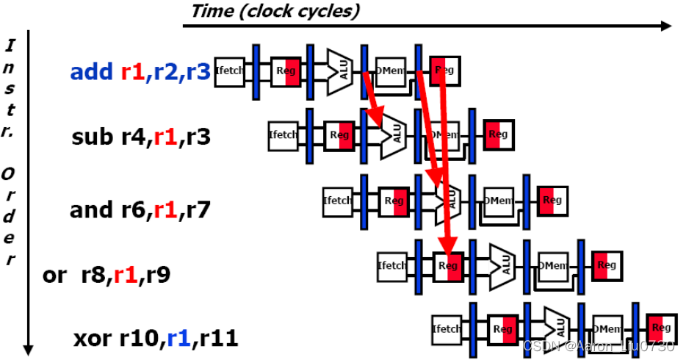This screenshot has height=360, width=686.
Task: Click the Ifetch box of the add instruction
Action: pyautogui.click(x=229, y=71)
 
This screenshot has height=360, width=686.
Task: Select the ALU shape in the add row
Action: pyautogui.click(x=340, y=71)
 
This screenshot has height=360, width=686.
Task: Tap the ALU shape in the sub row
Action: pyautogui.click(x=393, y=134)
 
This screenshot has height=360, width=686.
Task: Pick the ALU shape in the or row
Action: pyautogui.click(x=502, y=265)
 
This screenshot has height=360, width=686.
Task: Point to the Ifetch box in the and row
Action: pyautogui.click(x=338, y=201)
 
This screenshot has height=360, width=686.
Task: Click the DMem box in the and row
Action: pyautogui.click(x=499, y=201)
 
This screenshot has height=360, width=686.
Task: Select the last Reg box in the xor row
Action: pyautogui.click(x=661, y=328)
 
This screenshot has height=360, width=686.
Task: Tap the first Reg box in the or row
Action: pyautogui.click(x=448, y=265)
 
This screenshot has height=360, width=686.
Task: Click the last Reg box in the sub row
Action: pyautogui.click(x=498, y=134)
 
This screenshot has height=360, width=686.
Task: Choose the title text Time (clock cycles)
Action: pyautogui.click(x=275, y=11)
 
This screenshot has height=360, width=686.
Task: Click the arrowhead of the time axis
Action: pyautogui.click(x=665, y=26)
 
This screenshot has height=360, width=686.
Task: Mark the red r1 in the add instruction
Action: pyautogui.click(x=133, y=72)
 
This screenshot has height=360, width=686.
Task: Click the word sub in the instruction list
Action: pyautogui.click(x=89, y=137)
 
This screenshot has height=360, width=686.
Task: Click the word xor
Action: pyautogui.click(x=93, y=339)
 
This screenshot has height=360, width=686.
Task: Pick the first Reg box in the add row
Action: pyautogui.click(x=285, y=71)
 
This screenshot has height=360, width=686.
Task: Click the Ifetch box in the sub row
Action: pyautogui.click(x=284, y=134)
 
